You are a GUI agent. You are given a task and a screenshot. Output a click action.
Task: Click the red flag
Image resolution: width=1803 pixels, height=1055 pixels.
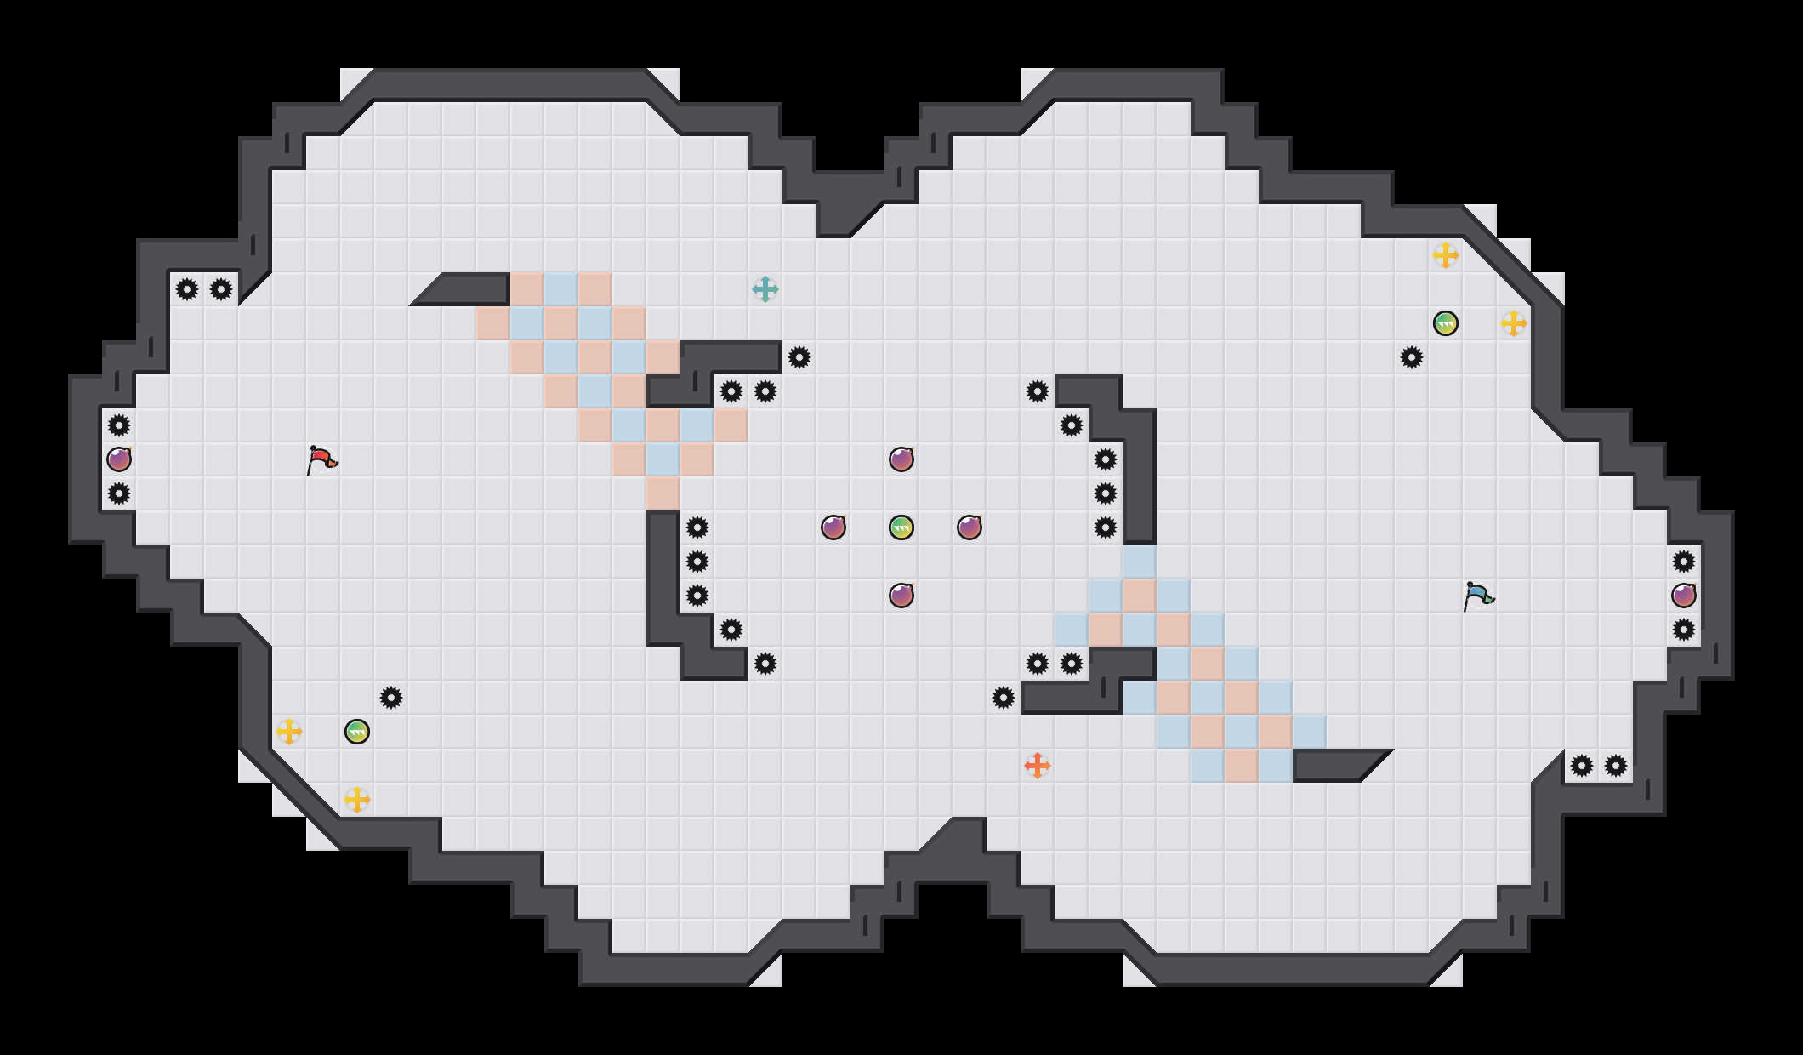(x=321, y=460)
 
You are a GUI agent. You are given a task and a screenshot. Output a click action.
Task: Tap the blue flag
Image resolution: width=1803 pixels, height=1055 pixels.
(x=1478, y=596)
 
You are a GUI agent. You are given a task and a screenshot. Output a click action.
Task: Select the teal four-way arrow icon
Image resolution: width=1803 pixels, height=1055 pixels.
(x=765, y=289)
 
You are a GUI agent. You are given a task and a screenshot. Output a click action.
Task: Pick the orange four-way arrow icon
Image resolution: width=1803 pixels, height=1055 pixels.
(x=1038, y=766)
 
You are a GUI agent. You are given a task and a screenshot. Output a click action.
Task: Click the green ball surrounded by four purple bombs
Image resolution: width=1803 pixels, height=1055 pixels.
(x=901, y=527)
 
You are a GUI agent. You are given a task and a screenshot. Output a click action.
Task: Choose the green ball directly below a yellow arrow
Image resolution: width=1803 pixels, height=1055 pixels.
(x=1446, y=323)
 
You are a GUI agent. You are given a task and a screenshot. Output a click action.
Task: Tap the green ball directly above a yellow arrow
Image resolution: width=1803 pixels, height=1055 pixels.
(x=357, y=732)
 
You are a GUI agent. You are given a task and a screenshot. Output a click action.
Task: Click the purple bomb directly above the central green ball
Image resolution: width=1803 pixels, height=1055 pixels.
(x=901, y=459)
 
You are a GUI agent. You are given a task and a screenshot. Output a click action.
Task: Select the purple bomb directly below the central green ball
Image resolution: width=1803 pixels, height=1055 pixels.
(x=901, y=596)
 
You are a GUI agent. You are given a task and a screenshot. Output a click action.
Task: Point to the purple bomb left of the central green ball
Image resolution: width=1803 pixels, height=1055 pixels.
(x=833, y=527)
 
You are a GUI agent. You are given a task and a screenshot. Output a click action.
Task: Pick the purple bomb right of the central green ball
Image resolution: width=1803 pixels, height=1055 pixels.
(x=970, y=527)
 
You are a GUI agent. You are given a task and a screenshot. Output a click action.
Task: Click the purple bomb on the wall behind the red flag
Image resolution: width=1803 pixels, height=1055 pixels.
(x=119, y=459)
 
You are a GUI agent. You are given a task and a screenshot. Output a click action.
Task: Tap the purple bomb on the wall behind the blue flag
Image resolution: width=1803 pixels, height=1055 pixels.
(x=1684, y=596)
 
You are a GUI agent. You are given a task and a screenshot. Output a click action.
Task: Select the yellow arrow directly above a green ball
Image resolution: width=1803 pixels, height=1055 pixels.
(x=1446, y=255)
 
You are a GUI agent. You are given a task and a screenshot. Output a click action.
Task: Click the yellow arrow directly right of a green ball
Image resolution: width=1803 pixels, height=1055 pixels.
(x=1514, y=323)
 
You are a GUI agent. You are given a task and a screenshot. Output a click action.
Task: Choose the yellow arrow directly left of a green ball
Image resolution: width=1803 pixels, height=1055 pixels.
(x=289, y=732)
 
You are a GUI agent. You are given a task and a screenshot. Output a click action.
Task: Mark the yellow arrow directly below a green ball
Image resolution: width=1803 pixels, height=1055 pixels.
(x=357, y=800)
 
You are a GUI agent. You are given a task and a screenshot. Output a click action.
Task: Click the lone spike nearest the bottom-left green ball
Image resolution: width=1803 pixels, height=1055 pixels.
(x=391, y=698)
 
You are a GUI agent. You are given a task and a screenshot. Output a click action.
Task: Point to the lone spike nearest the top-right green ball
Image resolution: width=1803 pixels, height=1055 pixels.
(x=1412, y=357)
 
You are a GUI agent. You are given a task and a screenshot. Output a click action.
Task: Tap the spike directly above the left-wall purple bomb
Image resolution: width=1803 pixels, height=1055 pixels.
(x=119, y=425)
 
